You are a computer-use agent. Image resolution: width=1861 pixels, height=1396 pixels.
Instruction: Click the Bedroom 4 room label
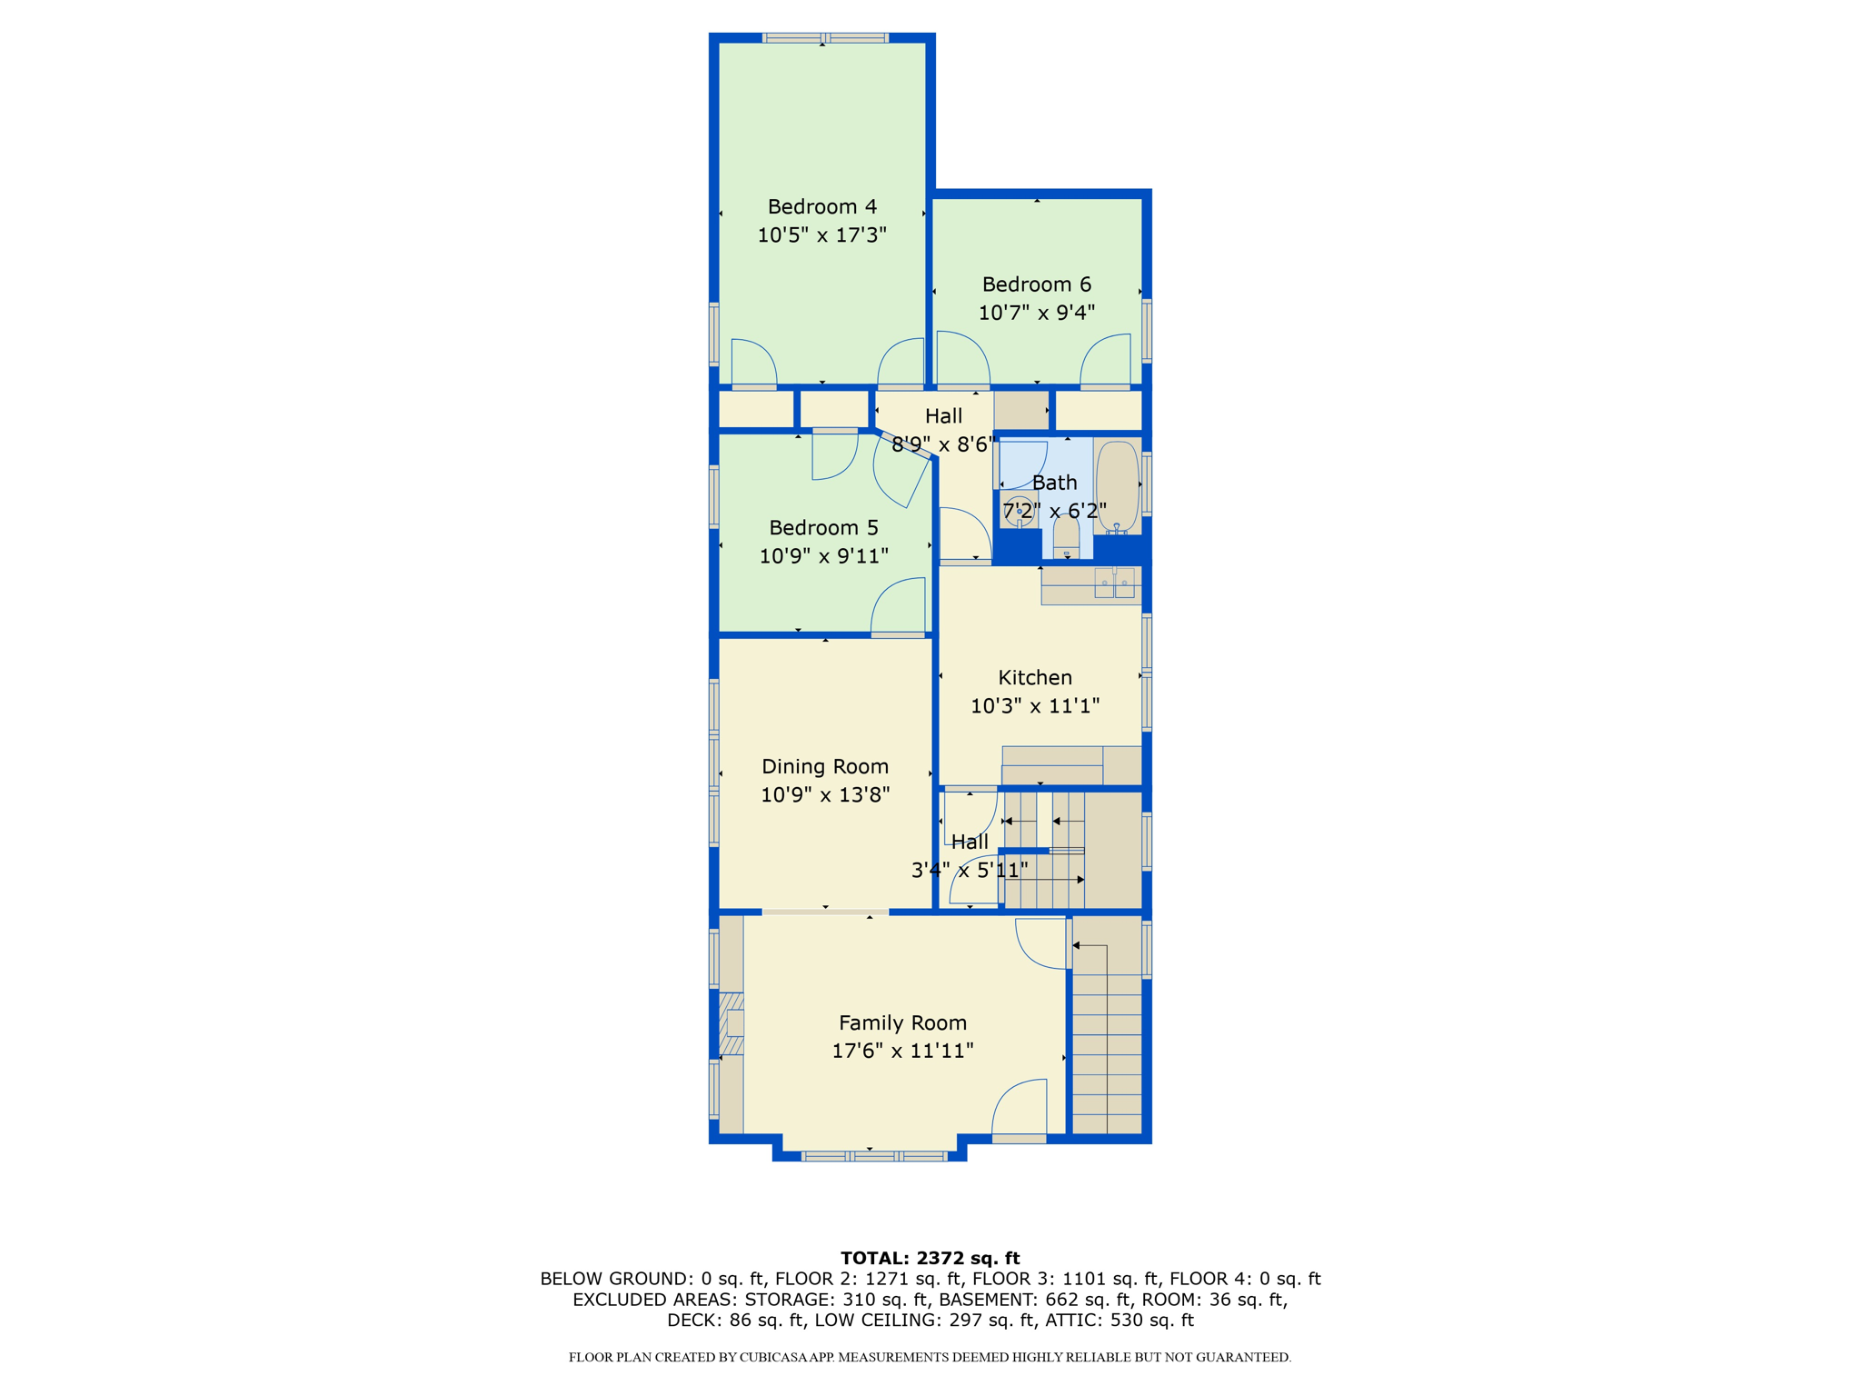pyautogui.click(x=821, y=207)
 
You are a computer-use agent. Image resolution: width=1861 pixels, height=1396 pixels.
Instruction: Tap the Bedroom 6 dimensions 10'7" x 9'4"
pyautogui.click(x=1036, y=313)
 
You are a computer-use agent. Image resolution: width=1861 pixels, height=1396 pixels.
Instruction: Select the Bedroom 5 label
pyautogui.click(x=823, y=528)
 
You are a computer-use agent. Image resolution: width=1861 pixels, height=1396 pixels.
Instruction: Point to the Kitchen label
pyautogui.click(x=1035, y=678)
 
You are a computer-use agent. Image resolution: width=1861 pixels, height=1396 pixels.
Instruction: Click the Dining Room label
pyautogui.click(x=825, y=767)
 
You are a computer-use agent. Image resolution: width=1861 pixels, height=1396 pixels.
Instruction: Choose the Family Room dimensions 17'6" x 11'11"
pyautogui.click(x=902, y=1051)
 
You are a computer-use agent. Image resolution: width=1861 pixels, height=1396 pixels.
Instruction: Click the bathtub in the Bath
pyautogui.click(x=1117, y=486)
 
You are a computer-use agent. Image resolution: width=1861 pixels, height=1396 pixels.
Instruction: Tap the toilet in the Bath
pyautogui.click(x=1066, y=536)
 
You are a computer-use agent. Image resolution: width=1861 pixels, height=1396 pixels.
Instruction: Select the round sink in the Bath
pyautogui.click(x=1018, y=510)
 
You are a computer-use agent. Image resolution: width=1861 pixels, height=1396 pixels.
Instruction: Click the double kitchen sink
pyautogui.click(x=1115, y=583)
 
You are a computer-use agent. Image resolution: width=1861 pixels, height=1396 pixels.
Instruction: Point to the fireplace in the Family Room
pyautogui.click(x=731, y=1023)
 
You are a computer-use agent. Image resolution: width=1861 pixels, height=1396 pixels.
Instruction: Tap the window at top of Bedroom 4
pyautogui.click(x=824, y=38)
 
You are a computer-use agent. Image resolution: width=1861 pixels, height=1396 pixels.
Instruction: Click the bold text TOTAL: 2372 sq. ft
pyautogui.click(x=930, y=1258)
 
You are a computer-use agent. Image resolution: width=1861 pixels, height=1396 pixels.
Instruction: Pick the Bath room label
pyautogui.click(x=1054, y=483)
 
